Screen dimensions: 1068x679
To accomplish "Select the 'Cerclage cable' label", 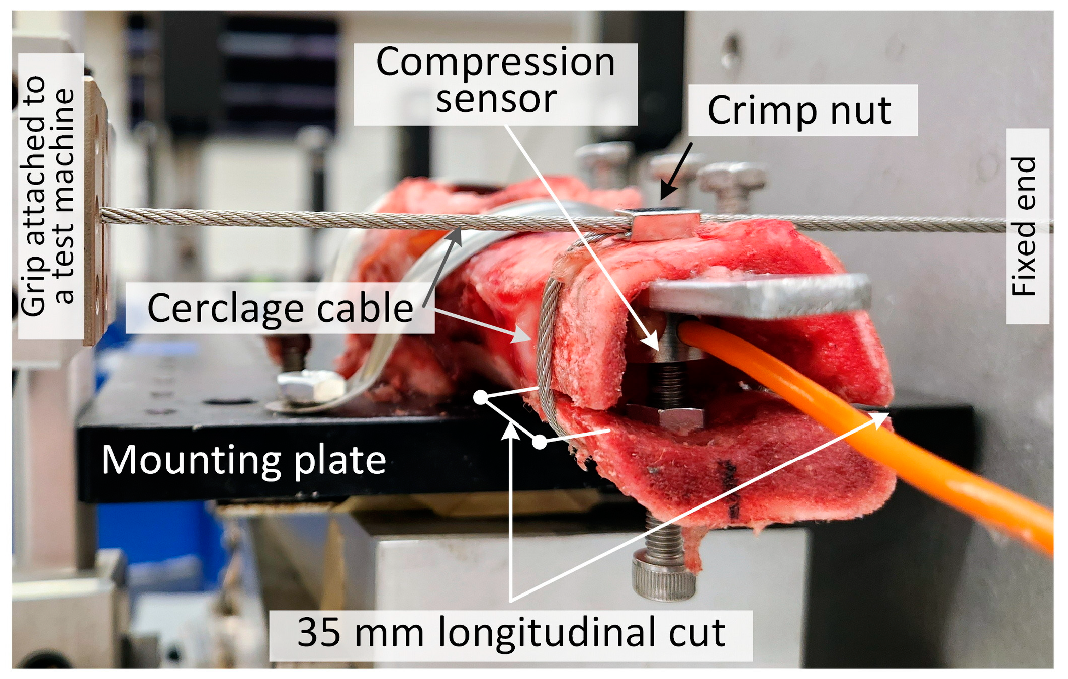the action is click(x=280, y=308).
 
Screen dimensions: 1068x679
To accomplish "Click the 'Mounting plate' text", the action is click(x=243, y=460).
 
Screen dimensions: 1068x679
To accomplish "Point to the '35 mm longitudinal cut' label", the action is click(x=511, y=633).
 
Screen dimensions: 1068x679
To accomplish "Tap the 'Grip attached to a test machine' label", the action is click(x=49, y=196).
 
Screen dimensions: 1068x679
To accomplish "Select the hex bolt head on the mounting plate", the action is click(x=309, y=388).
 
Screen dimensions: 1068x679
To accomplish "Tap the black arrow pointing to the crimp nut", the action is click(x=677, y=171).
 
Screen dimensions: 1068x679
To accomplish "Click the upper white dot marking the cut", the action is click(x=481, y=398).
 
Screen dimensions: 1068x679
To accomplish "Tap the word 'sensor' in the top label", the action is click(x=496, y=99).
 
